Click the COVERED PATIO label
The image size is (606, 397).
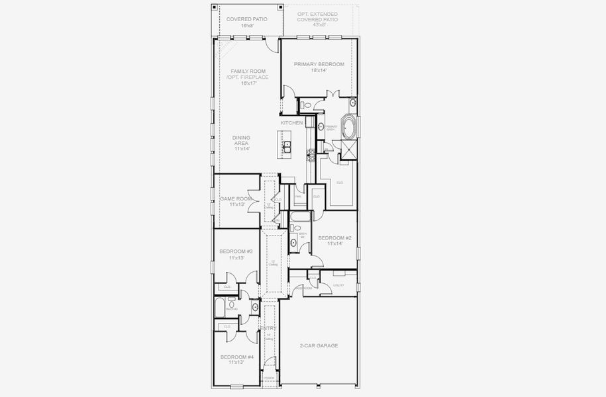click(246, 19)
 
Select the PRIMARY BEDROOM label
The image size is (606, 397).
click(319, 64)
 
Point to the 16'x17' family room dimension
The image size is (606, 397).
click(250, 83)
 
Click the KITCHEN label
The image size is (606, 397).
click(291, 123)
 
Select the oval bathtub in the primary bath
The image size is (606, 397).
click(349, 128)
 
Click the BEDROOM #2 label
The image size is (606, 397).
click(334, 238)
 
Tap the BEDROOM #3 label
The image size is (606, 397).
click(236, 251)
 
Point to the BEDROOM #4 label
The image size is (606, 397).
click(236, 357)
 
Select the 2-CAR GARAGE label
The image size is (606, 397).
click(319, 345)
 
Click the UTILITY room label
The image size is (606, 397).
click(338, 285)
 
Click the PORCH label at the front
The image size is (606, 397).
click(268, 378)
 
